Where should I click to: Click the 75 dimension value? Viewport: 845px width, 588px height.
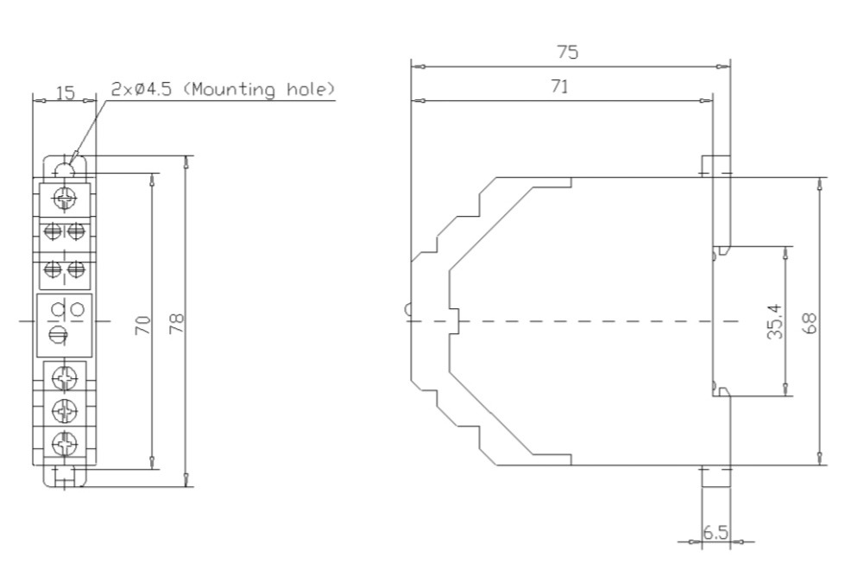[x=567, y=53]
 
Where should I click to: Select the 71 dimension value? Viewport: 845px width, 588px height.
[x=560, y=86]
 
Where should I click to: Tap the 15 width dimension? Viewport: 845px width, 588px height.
[x=66, y=92]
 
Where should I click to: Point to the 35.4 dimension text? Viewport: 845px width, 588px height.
[x=775, y=321]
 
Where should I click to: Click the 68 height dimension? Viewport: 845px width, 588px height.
[x=810, y=323]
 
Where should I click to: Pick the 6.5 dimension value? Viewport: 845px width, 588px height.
[x=716, y=533]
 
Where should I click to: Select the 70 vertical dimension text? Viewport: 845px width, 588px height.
[x=143, y=325]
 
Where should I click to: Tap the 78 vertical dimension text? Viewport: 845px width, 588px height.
[x=177, y=324]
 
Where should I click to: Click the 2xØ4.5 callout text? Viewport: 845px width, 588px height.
[x=142, y=89]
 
